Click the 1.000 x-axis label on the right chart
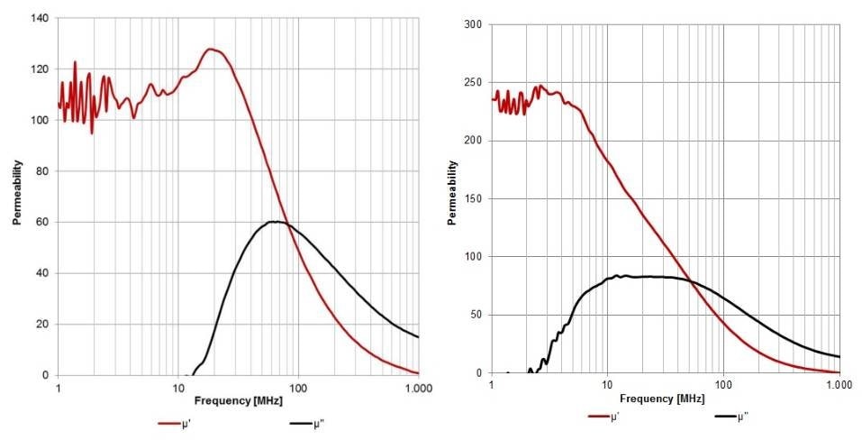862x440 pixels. (839, 385)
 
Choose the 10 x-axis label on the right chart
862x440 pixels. (607, 385)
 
